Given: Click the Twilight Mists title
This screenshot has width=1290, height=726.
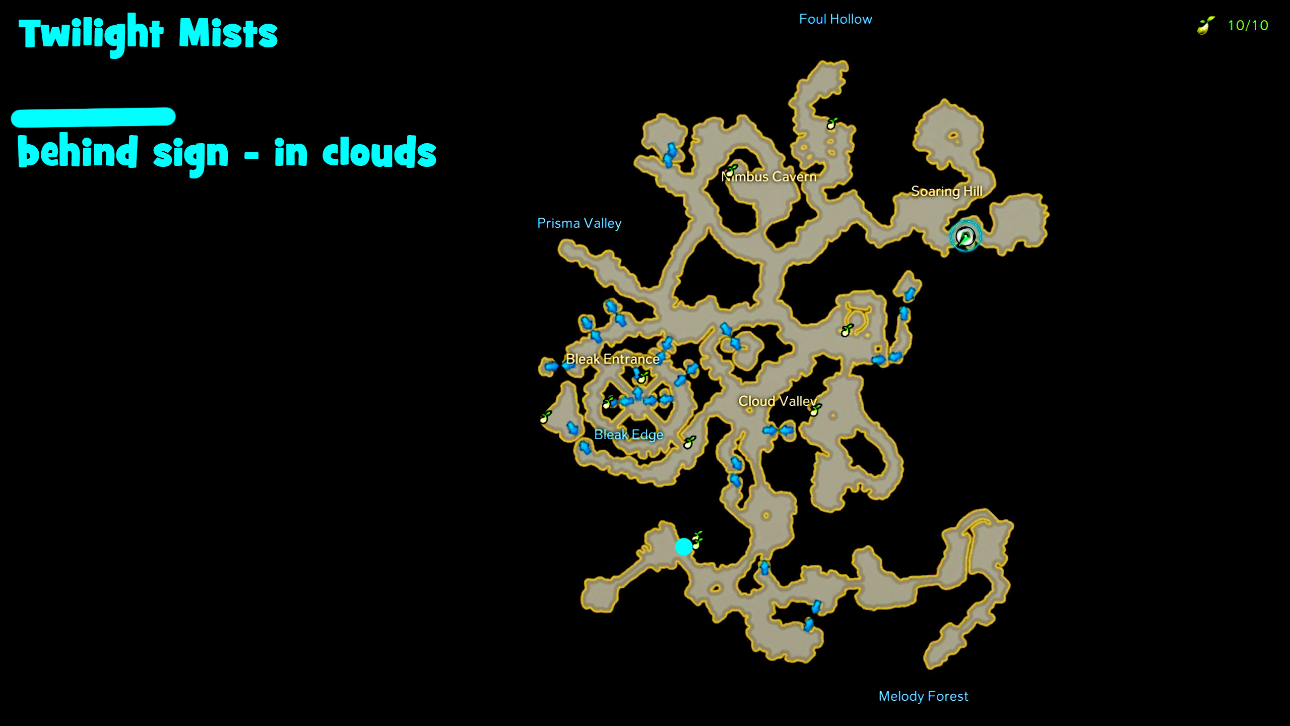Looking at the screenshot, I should tap(148, 34).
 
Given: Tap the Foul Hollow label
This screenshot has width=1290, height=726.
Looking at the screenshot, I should tap(835, 19).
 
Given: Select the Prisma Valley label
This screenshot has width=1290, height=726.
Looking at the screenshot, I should tap(579, 223).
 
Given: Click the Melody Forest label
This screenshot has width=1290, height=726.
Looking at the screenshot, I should tap(923, 696).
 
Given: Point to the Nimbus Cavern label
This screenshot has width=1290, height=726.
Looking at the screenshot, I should tap(769, 177).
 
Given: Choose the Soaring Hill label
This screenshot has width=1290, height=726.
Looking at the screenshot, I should tap(946, 191).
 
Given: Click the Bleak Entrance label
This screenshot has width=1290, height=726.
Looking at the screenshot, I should tap(612, 359).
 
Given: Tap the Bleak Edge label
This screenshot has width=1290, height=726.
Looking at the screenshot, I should tap(628, 435).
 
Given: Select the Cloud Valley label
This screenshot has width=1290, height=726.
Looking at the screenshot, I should tap(777, 401).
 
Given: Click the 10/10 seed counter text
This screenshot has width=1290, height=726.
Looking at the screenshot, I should tap(1248, 26).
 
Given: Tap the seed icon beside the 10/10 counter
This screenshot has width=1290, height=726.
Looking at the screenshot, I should tap(1205, 25).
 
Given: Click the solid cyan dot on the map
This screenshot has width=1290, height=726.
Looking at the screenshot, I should tap(683, 547).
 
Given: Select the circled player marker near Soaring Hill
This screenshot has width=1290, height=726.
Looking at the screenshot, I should tap(965, 236).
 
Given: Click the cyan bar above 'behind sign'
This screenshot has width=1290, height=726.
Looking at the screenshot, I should tap(93, 117).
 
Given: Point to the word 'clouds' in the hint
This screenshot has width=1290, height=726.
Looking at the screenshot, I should tap(379, 152).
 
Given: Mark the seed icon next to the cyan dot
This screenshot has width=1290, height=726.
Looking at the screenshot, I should tap(697, 540).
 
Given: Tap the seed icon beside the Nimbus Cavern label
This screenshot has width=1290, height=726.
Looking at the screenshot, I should tap(731, 170).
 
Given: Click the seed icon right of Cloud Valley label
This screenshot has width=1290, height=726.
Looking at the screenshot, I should tap(815, 409).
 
